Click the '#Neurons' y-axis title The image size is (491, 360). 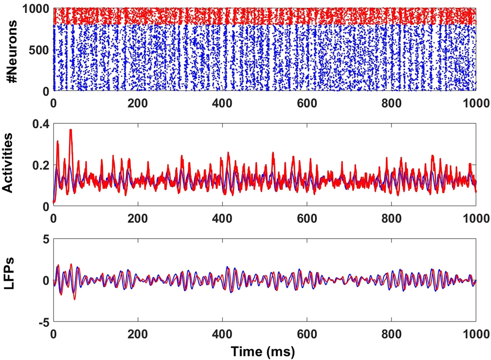pyautogui.click(x=11, y=49)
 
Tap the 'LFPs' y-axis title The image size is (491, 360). pyautogui.click(x=11, y=280)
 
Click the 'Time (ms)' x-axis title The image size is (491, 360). pyautogui.click(x=264, y=351)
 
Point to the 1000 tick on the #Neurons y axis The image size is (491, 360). pyautogui.click(x=35, y=9)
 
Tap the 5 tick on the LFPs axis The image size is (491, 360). pyautogui.click(x=44, y=239)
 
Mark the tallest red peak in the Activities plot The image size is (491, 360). pyautogui.click(x=70, y=130)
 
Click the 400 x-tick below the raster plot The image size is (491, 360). pyautogui.click(x=222, y=104)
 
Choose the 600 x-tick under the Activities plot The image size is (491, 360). pyautogui.click(x=307, y=218)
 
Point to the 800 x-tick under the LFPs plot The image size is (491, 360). pyautogui.click(x=391, y=334)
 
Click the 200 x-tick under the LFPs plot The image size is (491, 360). pyautogui.click(x=138, y=334)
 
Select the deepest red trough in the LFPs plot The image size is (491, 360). pyautogui.click(x=74, y=299)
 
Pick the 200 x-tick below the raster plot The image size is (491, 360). pyautogui.click(x=138, y=104)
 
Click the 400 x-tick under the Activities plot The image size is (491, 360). pyautogui.click(x=222, y=218)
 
